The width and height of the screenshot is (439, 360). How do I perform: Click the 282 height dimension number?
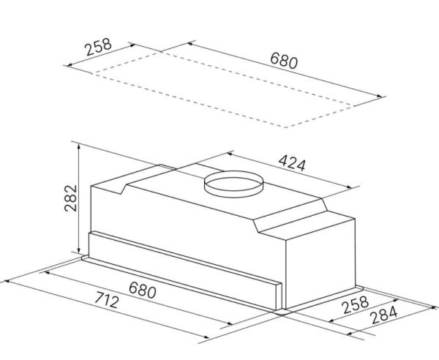(70, 198)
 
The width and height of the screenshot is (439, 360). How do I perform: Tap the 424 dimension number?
(292, 163)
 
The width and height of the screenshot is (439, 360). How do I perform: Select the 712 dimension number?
(106, 299)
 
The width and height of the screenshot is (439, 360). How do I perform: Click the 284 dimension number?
(383, 315)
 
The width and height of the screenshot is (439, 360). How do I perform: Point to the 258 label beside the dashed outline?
(99, 47)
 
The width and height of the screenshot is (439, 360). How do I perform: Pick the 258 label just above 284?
(356, 304)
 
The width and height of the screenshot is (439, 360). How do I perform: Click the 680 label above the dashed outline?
(284, 61)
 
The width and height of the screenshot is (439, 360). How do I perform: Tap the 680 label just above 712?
(142, 290)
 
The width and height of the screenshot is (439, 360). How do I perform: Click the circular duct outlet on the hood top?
(234, 184)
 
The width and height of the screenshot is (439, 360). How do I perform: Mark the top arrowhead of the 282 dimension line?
(79, 145)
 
